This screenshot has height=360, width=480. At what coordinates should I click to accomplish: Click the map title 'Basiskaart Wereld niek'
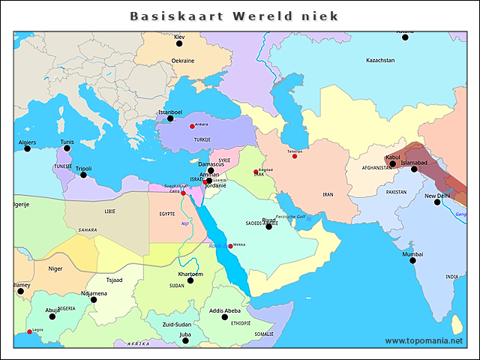234,16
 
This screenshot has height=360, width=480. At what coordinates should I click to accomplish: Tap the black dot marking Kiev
179,44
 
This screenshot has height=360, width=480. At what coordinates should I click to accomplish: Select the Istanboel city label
170,112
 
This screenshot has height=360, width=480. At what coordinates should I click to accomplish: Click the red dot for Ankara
192,126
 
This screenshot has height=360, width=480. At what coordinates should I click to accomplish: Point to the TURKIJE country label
202,140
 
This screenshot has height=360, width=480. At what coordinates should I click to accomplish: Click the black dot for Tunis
67,148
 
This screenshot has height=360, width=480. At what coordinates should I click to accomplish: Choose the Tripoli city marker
84,175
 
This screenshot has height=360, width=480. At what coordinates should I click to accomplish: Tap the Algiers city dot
28,148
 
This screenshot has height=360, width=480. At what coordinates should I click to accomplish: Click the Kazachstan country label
380,60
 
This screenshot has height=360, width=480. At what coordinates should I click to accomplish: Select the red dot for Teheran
294,156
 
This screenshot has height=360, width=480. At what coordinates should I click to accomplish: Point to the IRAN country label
328,194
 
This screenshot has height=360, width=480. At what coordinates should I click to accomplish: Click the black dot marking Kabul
392,163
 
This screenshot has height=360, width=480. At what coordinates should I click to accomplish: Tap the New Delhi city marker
437,202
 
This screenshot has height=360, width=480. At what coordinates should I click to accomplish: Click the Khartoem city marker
190,280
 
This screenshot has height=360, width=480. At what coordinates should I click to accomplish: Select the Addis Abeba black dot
224,317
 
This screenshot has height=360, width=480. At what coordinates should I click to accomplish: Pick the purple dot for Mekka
230,246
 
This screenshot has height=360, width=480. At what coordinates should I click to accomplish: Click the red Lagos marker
29,331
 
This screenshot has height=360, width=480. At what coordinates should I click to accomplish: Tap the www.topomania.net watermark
424,341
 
